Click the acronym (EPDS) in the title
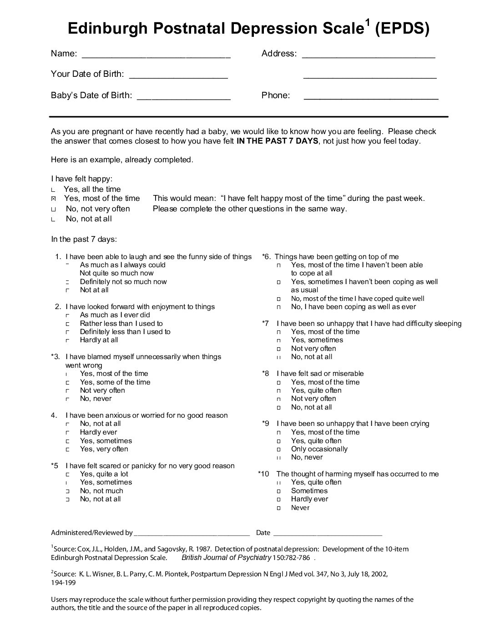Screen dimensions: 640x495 coord(402,29)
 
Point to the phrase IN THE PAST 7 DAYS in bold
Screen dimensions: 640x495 coord(277,141)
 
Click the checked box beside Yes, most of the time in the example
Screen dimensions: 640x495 coord(54,199)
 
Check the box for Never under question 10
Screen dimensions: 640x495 coord(278,508)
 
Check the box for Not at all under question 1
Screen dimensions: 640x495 coord(67,290)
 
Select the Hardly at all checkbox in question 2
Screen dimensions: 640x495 coord(67,340)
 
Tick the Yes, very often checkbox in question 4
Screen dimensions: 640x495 coord(67,449)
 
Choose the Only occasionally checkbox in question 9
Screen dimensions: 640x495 coord(278,449)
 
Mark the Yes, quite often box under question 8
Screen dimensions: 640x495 coord(278,390)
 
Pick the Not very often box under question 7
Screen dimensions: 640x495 coord(278,349)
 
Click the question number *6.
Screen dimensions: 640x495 coord(267,257)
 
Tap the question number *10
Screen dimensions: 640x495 coord(263,474)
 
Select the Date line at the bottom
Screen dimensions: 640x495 coord(328,533)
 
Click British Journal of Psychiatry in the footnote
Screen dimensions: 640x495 coord(226,558)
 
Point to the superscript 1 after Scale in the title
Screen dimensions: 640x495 coord(368,23)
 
